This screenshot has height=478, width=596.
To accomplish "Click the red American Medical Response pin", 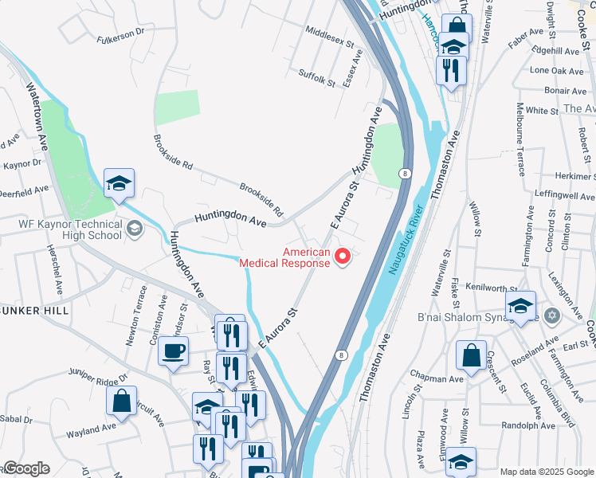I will click(343, 257).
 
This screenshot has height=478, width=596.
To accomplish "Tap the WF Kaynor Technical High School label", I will click(70, 229).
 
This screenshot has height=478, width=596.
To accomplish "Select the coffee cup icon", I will click(173, 351).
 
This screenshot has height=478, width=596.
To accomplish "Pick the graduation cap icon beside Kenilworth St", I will click(520, 307).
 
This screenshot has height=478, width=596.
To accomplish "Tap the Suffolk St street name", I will click(318, 78).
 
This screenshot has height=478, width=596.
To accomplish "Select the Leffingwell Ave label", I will click(561, 193).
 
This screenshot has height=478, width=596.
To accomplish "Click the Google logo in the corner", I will click(25, 468).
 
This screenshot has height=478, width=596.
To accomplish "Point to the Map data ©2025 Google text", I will click(546, 472).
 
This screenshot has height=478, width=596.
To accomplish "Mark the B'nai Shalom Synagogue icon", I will click(555, 316).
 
